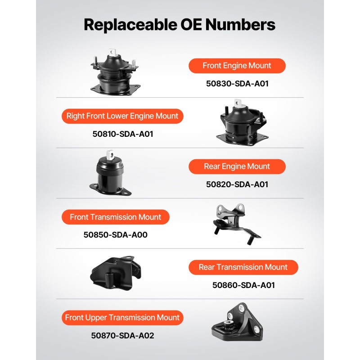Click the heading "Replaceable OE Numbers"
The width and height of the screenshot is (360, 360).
point(180,25)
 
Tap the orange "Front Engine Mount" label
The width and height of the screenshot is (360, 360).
point(237,66)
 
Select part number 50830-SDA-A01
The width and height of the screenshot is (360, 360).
point(237,84)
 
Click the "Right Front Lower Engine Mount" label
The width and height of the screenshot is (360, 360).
point(122,116)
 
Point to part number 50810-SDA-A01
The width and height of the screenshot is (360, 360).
point(123,134)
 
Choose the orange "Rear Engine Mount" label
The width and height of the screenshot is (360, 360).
point(237,166)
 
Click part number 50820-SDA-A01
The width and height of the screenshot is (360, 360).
point(237,184)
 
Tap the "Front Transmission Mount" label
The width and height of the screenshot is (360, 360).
point(116,217)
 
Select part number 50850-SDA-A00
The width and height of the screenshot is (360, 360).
point(116,234)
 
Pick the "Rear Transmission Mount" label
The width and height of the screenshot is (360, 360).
point(243,267)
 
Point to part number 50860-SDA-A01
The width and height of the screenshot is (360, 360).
point(243,285)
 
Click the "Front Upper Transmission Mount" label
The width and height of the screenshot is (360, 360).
point(122,318)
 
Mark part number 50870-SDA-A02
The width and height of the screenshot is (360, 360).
point(122,335)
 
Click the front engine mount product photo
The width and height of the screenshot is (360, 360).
point(115,72)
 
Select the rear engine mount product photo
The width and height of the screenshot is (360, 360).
point(110,173)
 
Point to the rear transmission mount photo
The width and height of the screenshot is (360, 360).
point(116,273)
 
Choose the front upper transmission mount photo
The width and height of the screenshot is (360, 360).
point(237,322)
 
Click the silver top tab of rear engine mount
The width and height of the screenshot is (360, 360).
point(110,155)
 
